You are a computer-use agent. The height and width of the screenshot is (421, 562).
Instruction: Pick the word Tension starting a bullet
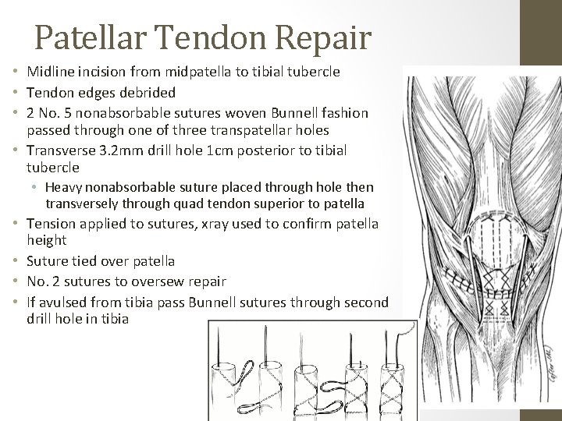click(x=51, y=224)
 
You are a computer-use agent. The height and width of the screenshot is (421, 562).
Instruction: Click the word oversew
click(x=162, y=281)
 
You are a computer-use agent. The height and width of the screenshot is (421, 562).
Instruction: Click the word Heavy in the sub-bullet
click(x=63, y=187)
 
